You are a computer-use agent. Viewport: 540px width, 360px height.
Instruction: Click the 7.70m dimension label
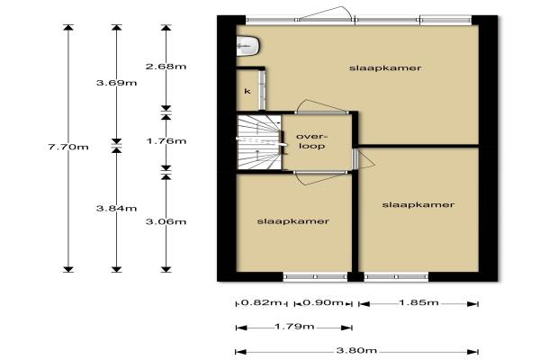[68, 147]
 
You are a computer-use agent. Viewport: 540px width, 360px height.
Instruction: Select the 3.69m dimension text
[116, 83]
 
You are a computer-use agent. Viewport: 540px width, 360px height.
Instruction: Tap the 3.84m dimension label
[116, 208]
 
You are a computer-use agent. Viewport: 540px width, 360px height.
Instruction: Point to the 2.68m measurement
[166, 66]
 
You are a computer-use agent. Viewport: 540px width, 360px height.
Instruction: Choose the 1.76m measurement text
[166, 141]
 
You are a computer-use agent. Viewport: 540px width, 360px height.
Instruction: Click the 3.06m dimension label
[166, 221]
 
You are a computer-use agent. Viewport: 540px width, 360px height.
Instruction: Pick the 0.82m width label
[261, 302]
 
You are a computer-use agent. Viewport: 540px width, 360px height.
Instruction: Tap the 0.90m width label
[323, 302]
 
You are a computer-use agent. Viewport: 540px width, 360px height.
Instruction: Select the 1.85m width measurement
[418, 302]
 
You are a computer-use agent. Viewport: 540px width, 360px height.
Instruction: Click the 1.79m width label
[294, 326]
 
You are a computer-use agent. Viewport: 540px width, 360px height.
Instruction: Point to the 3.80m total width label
[356, 351]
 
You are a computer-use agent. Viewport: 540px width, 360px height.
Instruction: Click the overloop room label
[312, 141]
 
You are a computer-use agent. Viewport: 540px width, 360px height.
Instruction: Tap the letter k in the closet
[247, 91]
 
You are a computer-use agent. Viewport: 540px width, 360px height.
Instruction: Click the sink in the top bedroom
[247, 46]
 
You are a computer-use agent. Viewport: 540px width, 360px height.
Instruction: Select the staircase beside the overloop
[259, 142]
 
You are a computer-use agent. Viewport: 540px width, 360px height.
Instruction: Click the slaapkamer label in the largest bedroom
[385, 67]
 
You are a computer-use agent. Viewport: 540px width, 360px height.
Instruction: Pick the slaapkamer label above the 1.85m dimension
[418, 204]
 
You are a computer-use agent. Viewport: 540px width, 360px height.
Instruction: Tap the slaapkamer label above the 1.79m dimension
[293, 221]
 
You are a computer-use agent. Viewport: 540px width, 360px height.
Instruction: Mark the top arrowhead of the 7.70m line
[68, 28]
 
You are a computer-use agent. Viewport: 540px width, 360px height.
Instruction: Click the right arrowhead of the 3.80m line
[473, 352]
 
